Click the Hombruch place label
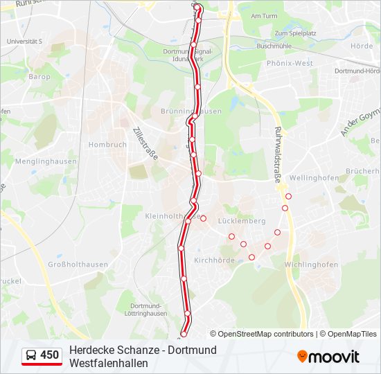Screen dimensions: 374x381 coord(107,145)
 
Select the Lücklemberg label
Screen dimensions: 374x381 coord(242,221)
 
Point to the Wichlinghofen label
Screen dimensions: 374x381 coord(311,265)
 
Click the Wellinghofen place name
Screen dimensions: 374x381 coord(314,178)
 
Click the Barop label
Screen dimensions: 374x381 coord(39,77)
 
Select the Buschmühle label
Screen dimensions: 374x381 coord(276,46)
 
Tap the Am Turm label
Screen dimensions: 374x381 coord(264,15)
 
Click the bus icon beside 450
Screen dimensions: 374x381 coord(32,355)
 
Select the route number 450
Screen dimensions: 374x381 coord(50,355)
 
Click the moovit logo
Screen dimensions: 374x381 coord(328,357)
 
